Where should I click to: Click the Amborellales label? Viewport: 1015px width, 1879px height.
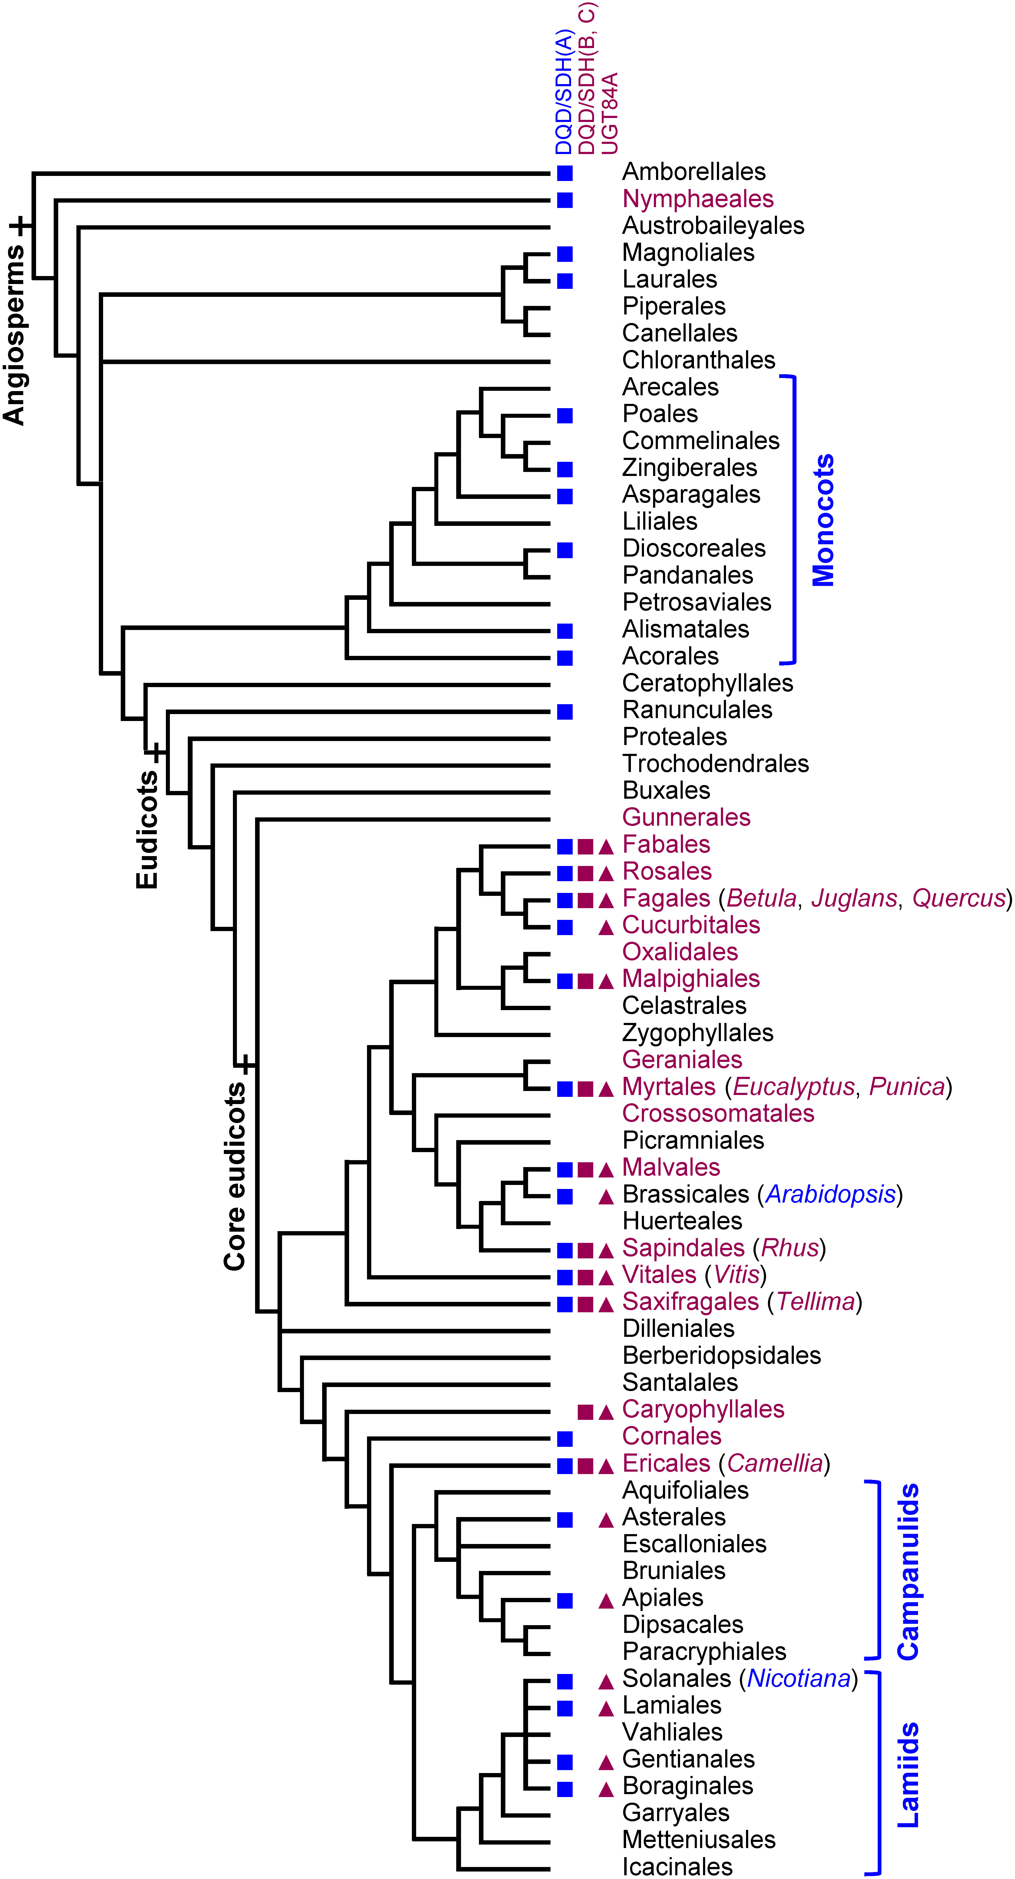pos(693,172)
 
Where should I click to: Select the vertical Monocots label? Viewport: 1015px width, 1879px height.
pos(823,520)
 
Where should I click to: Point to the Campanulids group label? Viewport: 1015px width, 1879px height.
pos(908,1572)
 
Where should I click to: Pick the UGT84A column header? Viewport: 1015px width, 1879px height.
pos(609,113)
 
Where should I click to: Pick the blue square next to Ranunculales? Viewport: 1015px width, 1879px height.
pos(565,711)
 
